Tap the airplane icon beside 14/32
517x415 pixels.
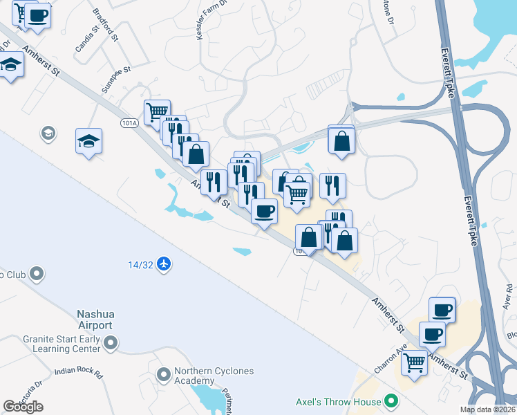(x=163, y=264)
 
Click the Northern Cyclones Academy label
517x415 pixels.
(x=214, y=376)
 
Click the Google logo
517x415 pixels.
(x=23, y=407)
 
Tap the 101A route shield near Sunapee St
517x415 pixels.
(x=129, y=122)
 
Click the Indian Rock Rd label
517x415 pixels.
(x=78, y=371)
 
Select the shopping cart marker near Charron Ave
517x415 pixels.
(x=414, y=361)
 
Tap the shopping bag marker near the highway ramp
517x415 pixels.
(x=341, y=140)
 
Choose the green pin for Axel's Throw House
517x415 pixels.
(x=392, y=401)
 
